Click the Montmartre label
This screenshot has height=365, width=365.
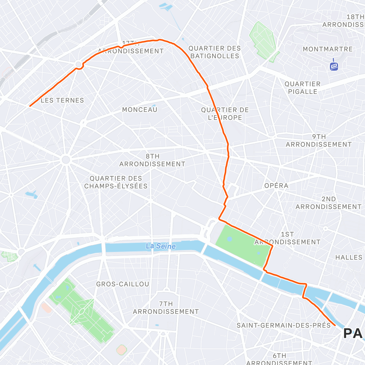328,49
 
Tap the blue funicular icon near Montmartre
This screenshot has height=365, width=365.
334,66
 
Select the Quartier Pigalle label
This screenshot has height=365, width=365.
302,88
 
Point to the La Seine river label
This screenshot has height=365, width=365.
161,246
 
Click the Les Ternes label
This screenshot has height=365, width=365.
62,100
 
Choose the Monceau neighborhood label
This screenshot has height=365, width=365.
140,109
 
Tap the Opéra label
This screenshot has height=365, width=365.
276,186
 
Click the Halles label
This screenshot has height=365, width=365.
349,257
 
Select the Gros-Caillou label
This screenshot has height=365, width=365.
123,284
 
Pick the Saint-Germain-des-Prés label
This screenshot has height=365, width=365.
283,325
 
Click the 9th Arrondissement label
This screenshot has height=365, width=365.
318,141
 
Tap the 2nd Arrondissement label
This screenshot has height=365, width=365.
328,203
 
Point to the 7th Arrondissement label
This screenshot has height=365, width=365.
166,308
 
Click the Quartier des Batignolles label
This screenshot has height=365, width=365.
214,52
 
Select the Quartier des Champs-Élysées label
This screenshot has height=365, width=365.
116,182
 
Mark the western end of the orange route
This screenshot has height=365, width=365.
30,106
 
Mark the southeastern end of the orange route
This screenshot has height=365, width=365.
335,325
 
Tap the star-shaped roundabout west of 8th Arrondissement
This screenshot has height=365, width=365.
66,160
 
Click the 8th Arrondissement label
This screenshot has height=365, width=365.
152,160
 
